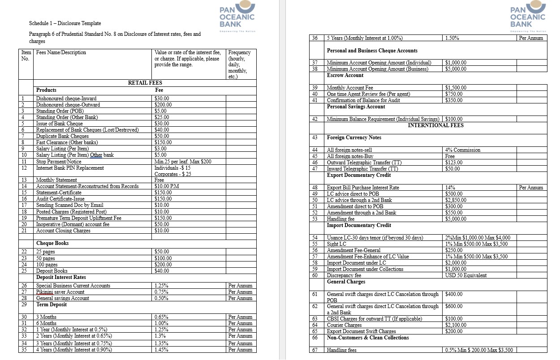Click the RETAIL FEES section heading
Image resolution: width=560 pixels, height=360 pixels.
pyautogui.click(x=145, y=83)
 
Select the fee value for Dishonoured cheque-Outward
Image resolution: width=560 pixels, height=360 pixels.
pyautogui.click(x=163, y=105)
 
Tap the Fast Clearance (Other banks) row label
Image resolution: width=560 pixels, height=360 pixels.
pyautogui.click(x=67, y=142)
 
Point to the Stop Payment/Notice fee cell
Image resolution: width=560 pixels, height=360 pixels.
pyautogui.click(x=183, y=162)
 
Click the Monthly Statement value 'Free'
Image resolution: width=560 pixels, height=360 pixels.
pyautogui.click(x=159, y=180)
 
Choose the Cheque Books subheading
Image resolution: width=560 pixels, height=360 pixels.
pyautogui.click(x=52, y=243)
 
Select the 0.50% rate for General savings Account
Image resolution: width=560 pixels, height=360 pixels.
pyautogui.click(x=161, y=298)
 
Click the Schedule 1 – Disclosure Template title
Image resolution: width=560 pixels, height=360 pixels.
pyautogui.click(x=65, y=23)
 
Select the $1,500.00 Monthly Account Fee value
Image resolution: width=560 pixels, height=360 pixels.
pyautogui.click(x=456, y=88)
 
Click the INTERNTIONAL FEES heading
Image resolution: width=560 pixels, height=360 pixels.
pyautogui.click(x=435, y=125)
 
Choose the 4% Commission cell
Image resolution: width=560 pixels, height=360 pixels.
pyautogui.click(x=463, y=150)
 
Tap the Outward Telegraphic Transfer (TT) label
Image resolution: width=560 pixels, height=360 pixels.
pyautogui.click(x=365, y=163)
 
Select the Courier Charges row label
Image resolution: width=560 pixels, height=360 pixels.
pyautogui.click(x=345, y=325)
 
